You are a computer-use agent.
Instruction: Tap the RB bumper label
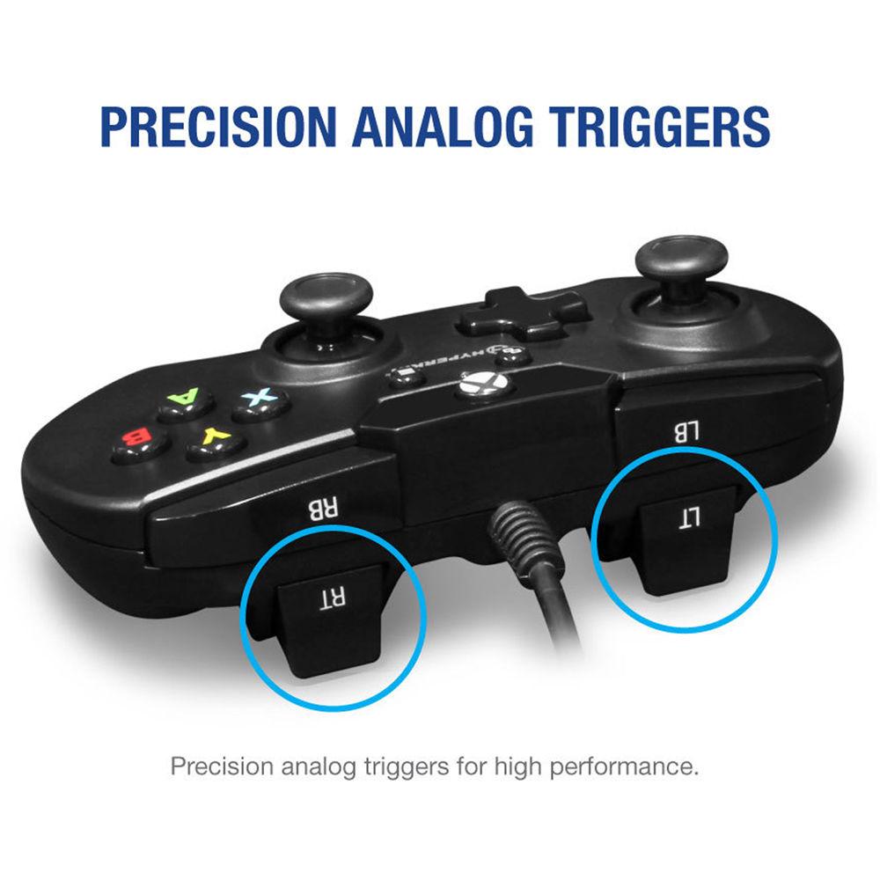point(315,508)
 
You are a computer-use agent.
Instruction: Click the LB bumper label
point(685,431)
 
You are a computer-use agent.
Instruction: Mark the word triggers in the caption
point(407,765)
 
